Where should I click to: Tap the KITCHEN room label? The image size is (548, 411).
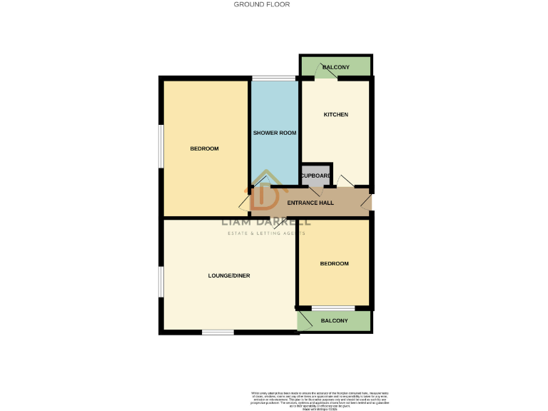(335, 115)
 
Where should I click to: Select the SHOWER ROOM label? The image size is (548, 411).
(275, 133)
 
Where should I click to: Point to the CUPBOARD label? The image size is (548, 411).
(315, 176)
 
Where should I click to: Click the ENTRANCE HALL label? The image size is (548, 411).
(310, 203)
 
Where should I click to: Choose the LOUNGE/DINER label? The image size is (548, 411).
(229, 275)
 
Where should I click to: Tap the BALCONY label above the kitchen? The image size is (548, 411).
(336, 67)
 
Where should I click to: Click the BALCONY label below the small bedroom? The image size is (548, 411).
(335, 320)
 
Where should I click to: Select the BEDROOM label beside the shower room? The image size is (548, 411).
(204, 148)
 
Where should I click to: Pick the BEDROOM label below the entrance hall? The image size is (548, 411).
(334, 264)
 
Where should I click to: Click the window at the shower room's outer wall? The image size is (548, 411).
(274, 78)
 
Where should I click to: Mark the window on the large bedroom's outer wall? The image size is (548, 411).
(161, 147)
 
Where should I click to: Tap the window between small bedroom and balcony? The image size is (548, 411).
(333, 308)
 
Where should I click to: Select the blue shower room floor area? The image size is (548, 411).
(274, 107)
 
